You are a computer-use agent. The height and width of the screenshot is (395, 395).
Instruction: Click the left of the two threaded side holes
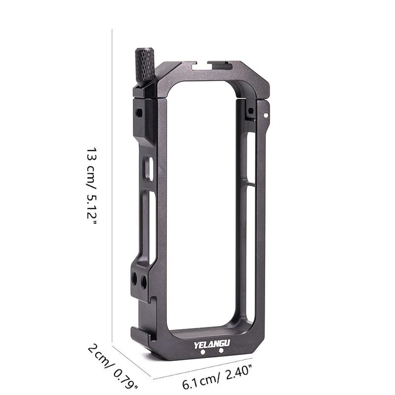click(134, 280)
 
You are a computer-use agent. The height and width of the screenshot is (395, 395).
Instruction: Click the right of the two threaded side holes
click(144, 282)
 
